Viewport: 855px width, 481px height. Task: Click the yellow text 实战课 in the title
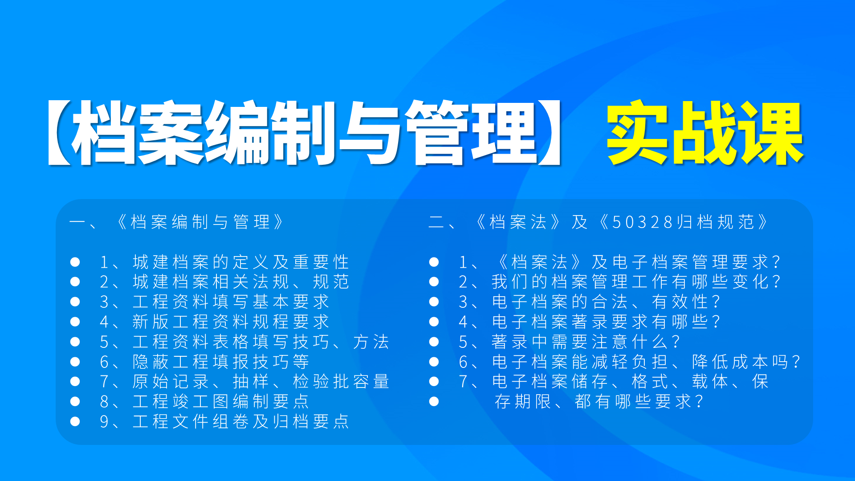point(704,133)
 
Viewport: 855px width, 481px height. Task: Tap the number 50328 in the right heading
point(642,222)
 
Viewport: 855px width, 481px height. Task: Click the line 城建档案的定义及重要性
point(240,262)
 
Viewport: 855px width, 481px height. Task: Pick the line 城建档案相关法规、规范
point(240,282)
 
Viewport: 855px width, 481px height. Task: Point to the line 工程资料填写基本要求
point(231,302)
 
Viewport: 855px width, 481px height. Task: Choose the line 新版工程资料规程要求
point(231,322)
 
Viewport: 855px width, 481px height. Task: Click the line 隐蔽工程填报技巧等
point(220,362)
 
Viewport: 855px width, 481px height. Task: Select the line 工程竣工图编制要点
point(220,401)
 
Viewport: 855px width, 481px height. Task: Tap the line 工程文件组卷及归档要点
point(240,421)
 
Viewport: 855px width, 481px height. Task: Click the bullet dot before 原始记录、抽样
point(75,382)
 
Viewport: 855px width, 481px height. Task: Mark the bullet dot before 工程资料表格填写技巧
point(75,342)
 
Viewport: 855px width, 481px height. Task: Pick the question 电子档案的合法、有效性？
point(606,302)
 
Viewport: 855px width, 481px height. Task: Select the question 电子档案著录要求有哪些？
point(606,322)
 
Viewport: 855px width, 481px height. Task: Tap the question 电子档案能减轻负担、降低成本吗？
point(646,362)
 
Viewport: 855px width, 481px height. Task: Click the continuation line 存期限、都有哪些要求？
point(599,401)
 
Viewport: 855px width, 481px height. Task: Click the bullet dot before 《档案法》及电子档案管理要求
point(434,262)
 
